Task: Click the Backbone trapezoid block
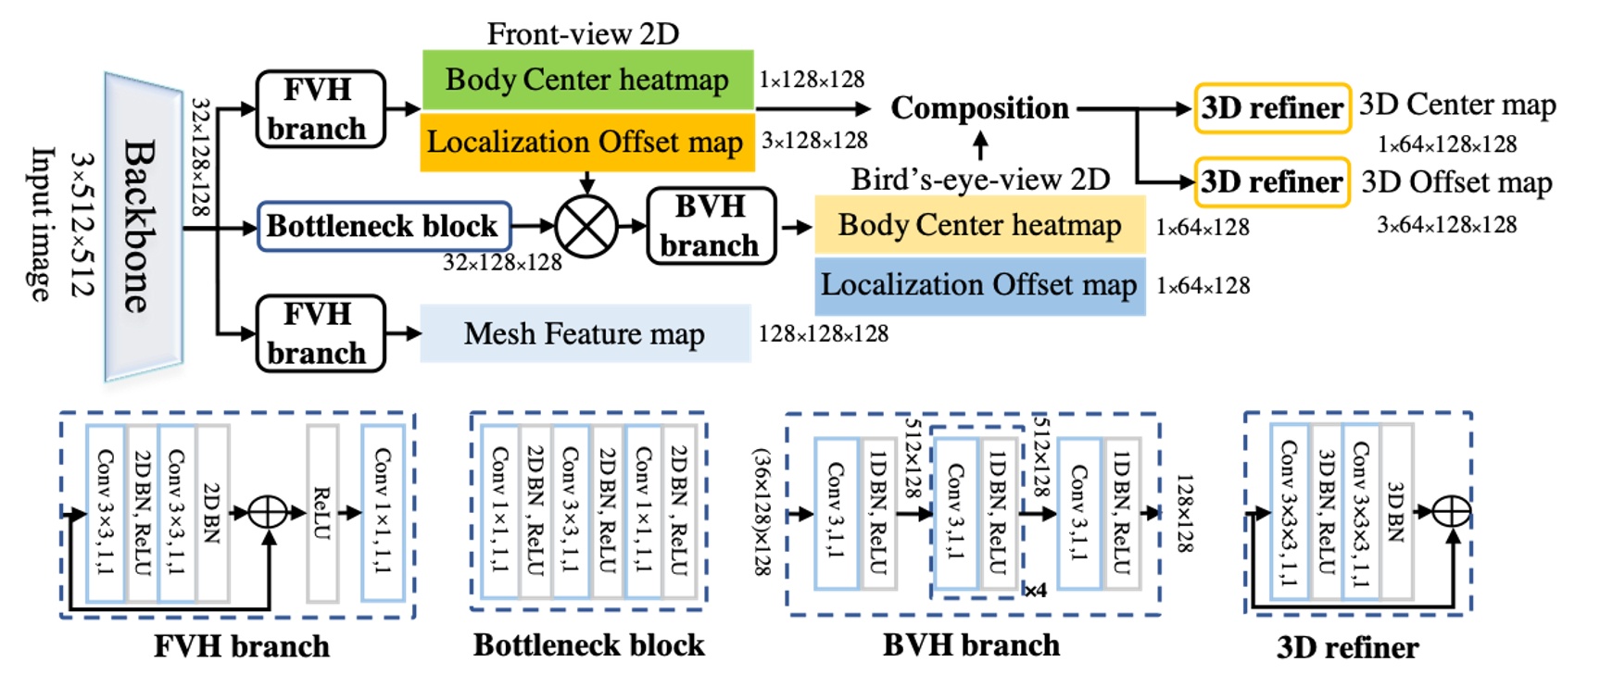tap(143, 226)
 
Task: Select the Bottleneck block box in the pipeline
tap(384, 226)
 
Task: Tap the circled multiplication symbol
tap(586, 226)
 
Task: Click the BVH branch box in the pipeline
tap(710, 226)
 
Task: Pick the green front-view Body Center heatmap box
tap(587, 80)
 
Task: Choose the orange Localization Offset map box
tap(587, 142)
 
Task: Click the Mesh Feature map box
tap(585, 333)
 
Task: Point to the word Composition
tap(979, 107)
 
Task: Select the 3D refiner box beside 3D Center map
tap(1271, 108)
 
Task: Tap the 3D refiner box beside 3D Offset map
tap(1271, 181)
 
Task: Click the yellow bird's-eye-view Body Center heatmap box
tap(979, 225)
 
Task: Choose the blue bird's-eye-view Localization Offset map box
tap(979, 285)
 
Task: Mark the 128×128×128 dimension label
tap(823, 333)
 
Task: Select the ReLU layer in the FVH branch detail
tap(321, 513)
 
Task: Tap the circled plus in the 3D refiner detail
tap(1451, 511)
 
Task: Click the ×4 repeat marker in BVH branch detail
tap(1035, 590)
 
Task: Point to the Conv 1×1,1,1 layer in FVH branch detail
tap(382, 513)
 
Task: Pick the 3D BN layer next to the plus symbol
tap(1396, 513)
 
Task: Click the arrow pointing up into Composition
tap(980, 145)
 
